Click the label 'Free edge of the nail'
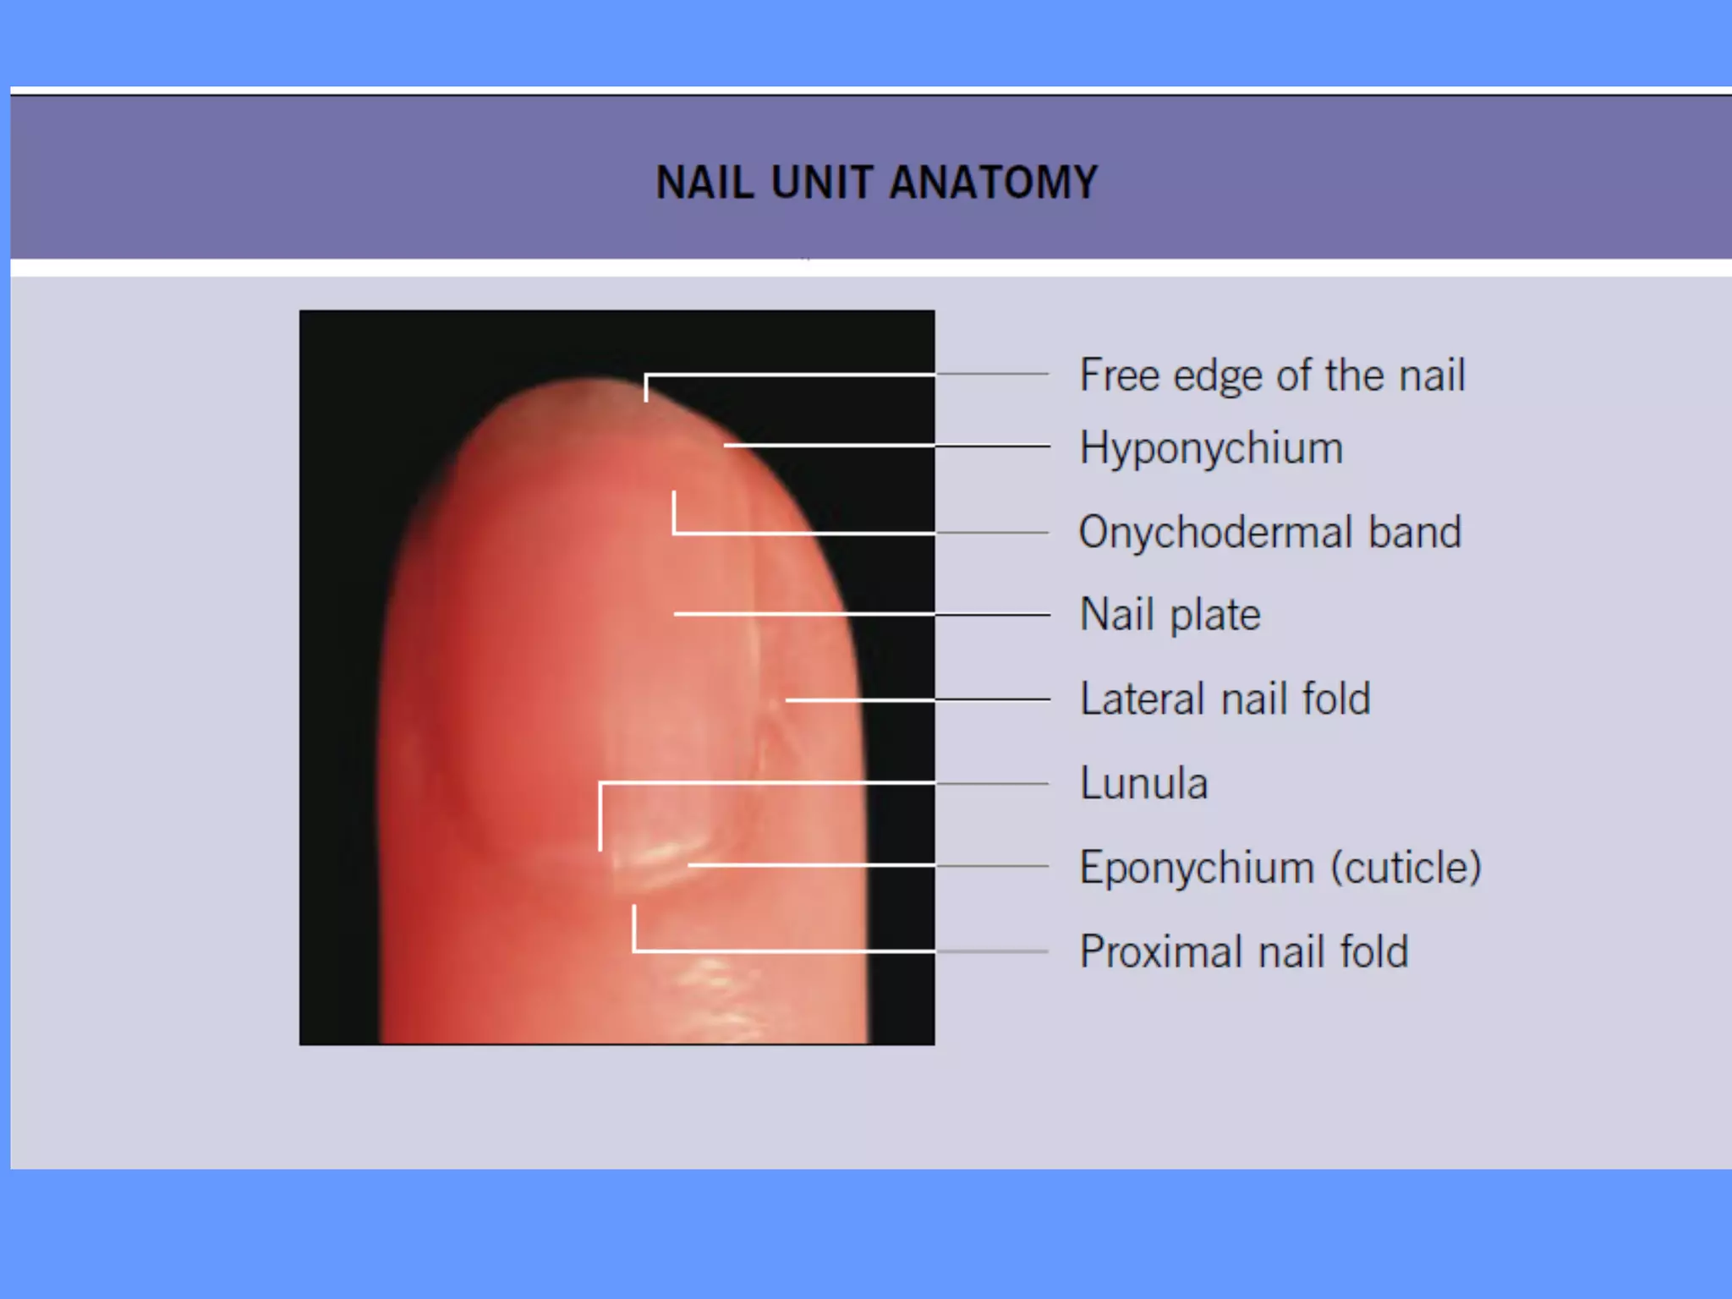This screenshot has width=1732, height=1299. [x=1272, y=375]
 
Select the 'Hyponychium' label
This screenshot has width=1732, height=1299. [x=1211, y=447]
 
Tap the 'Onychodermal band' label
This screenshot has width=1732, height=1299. [x=1269, y=532]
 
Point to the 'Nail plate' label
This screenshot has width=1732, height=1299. [x=1170, y=614]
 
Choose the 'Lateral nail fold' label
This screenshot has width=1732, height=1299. [x=1225, y=699]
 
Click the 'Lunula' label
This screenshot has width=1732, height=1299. [x=1143, y=783]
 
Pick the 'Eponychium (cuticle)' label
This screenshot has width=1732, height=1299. [x=1280, y=867]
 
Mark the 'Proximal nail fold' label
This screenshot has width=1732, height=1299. [x=1243, y=951]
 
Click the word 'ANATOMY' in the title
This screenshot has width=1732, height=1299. [x=994, y=183]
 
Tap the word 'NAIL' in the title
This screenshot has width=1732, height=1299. [x=704, y=183]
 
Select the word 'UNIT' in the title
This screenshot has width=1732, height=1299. [x=821, y=183]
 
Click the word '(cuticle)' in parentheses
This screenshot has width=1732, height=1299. [x=1406, y=867]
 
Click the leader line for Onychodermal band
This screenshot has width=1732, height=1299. [x=846, y=533]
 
